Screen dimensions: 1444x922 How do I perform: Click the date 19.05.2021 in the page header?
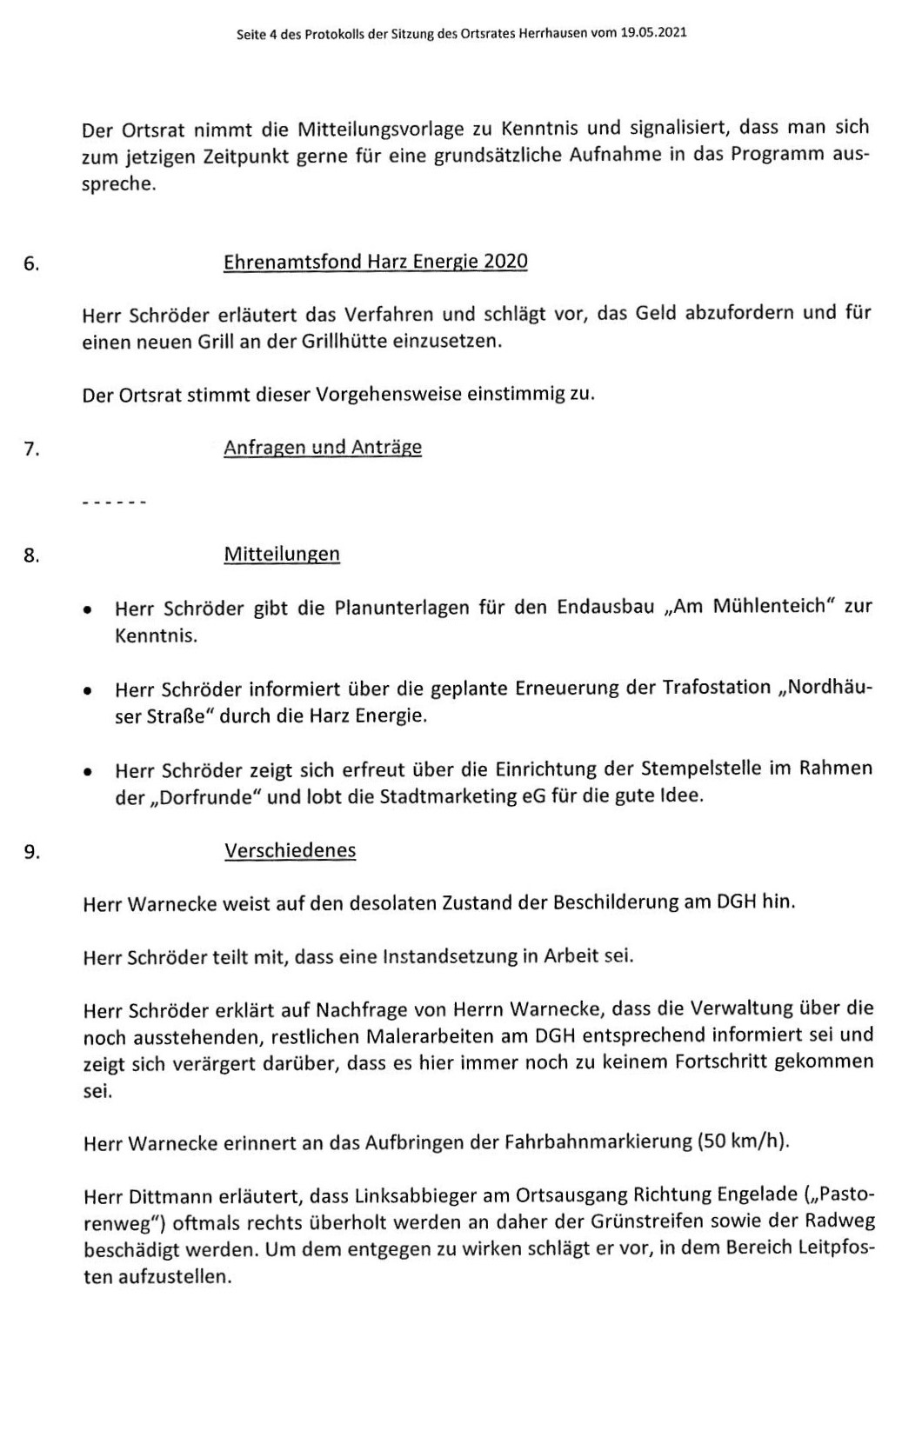point(653,33)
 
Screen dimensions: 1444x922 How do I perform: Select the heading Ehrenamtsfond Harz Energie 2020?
point(375,262)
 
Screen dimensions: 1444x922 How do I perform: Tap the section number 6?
point(31,264)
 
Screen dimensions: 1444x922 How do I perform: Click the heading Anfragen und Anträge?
point(323,447)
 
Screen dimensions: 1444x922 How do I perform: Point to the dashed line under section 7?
point(113,502)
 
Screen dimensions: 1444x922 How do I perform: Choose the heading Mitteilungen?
point(282,554)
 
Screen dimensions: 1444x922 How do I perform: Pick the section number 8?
point(31,556)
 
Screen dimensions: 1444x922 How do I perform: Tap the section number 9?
point(31,852)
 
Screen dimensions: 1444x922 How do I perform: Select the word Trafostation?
point(718,688)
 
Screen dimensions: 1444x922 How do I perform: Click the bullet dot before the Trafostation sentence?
point(88,692)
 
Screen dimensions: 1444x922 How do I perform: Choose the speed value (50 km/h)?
point(743,1141)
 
